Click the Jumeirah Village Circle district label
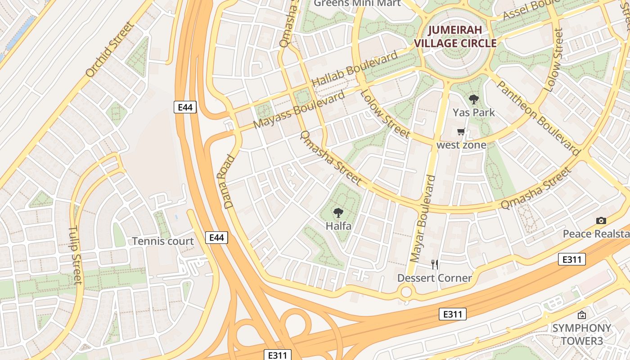point(455,37)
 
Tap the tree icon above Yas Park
point(473,99)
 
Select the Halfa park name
point(338,226)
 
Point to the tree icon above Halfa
point(338,213)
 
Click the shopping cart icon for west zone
point(461,132)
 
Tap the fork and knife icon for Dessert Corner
point(434,264)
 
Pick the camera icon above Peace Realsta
point(601,220)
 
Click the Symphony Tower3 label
point(581,334)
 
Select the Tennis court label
point(163,241)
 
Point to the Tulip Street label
point(76,255)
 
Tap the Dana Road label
point(229,181)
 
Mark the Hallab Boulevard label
point(355,69)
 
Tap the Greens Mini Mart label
point(357,3)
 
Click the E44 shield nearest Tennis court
point(216,238)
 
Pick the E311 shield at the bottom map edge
point(277,355)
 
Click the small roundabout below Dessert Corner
point(406,292)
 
